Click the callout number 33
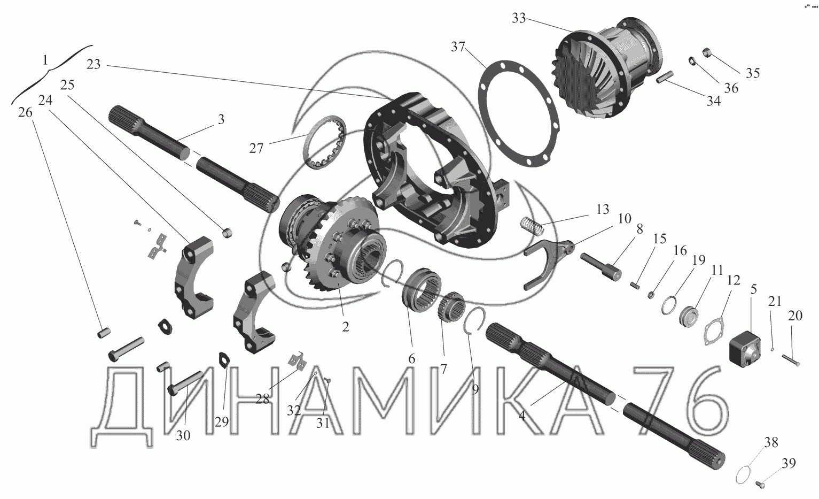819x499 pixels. point(518,18)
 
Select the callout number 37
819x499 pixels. point(458,47)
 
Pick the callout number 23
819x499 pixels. point(93,64)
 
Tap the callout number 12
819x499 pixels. point(733,280)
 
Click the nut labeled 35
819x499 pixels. point(706,52)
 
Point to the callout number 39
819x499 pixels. point(789,463)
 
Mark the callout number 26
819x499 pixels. point(25,112)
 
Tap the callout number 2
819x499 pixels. point(346,327)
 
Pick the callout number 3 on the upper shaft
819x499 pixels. point(221,119)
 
